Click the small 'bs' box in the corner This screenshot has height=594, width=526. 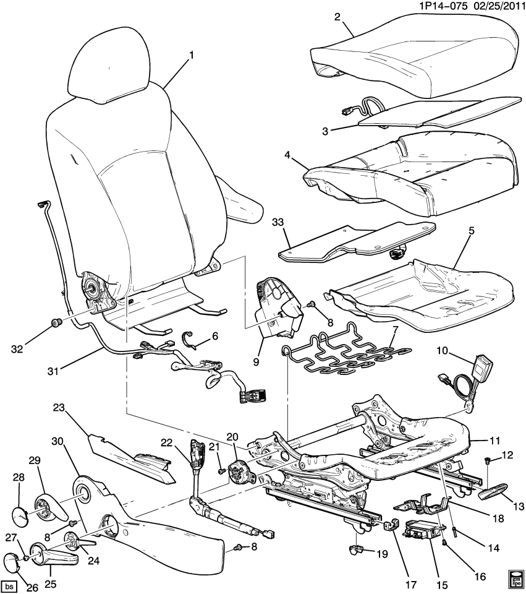pos(9,585)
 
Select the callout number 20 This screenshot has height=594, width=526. pos(232,437)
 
